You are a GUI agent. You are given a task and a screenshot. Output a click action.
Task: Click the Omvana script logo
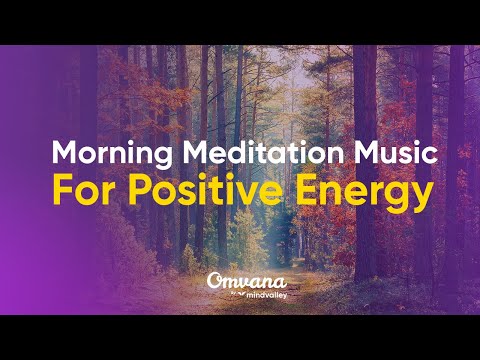(240, 282)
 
